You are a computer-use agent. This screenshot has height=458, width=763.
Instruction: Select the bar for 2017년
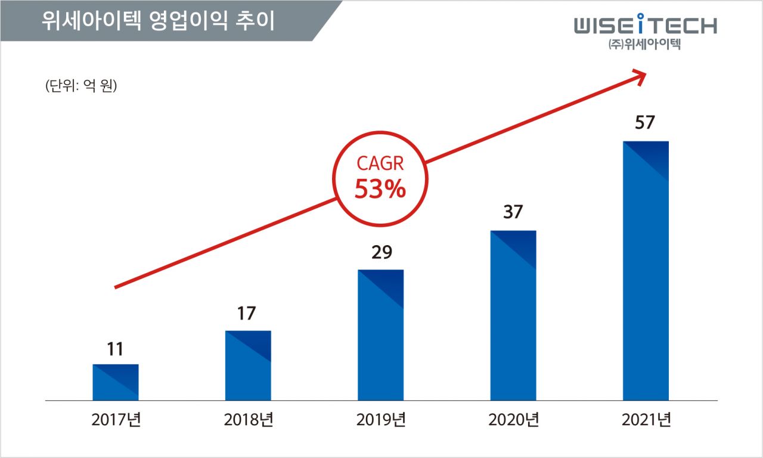pyautogui.click(x=116, y=382)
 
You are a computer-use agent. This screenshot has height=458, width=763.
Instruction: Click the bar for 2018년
pyautogui.click(x=248, y=365)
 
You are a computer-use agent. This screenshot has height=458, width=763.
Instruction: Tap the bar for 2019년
pyautogui.click(x=380, y=335)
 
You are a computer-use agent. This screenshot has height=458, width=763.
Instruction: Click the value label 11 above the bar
pyautogui.click(x=115, y=349)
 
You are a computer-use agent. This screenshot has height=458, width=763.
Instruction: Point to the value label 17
pyautogui.click(x=247, y=314)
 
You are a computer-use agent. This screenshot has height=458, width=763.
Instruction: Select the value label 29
pyautogui.click(x=381, y=253)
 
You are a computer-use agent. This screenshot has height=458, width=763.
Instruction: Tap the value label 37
pyautogui.click(x=513, y=212)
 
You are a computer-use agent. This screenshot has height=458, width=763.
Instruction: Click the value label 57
pyautogui.click(x=645, y=123)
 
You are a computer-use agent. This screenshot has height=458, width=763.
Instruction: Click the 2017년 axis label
pyautogui.click(x=116, y=420)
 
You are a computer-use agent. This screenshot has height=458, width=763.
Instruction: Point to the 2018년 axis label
pyautogui.click(x=249, y=420)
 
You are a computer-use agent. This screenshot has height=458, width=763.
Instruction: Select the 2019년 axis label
pyautogui.click(x=381, y=420)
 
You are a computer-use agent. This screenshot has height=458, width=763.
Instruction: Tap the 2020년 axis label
pyautogui.click(x=513, y=420)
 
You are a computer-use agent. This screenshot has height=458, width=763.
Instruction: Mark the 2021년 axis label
pyautogui.click(x=646, y=420)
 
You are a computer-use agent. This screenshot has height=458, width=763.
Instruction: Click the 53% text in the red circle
pyautogui.click(x=380, y=190)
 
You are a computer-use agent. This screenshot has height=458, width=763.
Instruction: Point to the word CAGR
pyautogui.click(x=380, y=163)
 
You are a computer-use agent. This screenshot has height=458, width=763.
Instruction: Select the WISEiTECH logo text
pyautogui.click(x=646, y=26)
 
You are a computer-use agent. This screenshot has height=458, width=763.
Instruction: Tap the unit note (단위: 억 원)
pyautogui.click(x=80, y=85)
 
